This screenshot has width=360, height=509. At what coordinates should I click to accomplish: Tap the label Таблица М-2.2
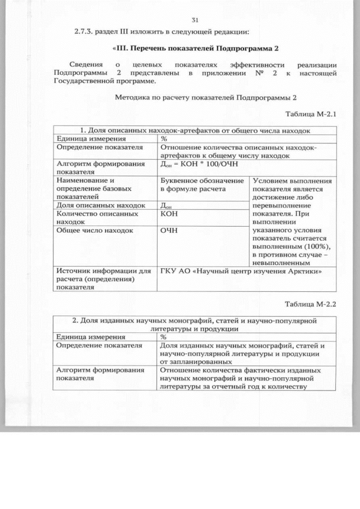310,304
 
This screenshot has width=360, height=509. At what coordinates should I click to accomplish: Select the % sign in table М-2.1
164,138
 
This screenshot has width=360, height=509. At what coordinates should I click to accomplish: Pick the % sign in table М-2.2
164,336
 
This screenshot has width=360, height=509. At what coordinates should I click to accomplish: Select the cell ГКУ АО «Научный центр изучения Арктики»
241,272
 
